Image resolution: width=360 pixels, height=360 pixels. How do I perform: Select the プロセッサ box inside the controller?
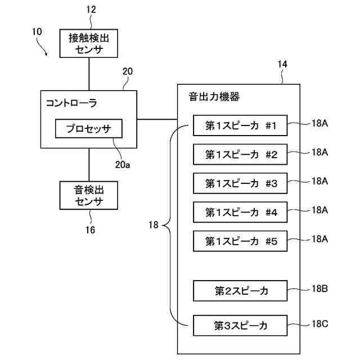88,129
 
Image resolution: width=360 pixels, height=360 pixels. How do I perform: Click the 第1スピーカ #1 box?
241,125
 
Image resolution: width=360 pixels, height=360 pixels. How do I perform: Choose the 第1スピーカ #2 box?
241,154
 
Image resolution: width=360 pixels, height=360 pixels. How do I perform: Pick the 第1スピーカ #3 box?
241,183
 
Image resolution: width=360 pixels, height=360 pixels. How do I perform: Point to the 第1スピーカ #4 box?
241,212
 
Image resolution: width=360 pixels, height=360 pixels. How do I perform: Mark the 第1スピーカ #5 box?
241,241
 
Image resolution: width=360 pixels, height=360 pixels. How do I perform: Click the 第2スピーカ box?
241,291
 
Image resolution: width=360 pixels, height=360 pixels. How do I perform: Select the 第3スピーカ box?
241,325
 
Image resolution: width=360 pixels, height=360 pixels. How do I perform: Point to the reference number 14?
282,65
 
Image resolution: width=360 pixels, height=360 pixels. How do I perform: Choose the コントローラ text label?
71,103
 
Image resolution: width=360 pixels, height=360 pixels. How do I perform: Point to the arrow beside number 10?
44,51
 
